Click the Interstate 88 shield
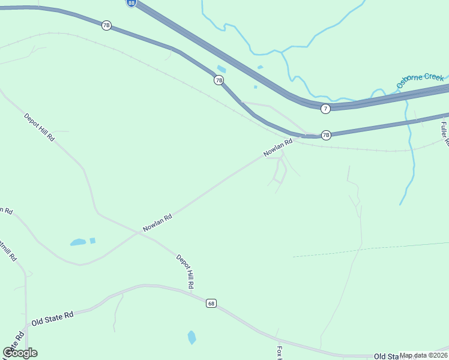131,3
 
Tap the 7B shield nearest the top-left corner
106,25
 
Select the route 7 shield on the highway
325,109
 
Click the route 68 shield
211,303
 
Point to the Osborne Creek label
420,80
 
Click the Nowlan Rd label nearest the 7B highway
278,148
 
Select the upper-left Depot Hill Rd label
40,127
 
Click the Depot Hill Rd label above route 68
185,272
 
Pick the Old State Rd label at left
52,318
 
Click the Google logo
20,352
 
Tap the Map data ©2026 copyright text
423,355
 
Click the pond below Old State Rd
191,337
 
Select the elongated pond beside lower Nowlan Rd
78,242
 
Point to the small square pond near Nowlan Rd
92,241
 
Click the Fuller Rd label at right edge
444,134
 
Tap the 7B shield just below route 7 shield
325,135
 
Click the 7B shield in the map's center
218,80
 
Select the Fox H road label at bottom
280,352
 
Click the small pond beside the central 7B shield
221,69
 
